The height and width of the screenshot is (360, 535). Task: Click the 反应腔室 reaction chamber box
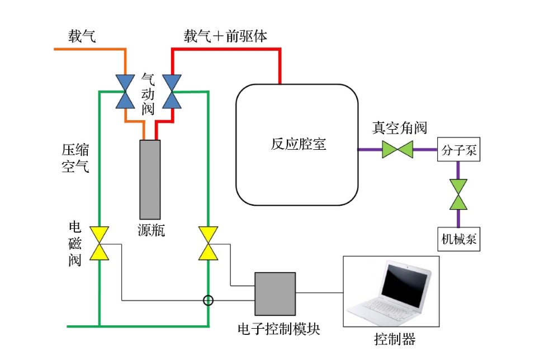click(297, 144)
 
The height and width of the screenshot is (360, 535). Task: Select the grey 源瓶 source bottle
click(150, 179)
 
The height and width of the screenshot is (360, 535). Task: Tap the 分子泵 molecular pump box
click(458, 150)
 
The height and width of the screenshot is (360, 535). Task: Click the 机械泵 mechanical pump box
click(458, 239)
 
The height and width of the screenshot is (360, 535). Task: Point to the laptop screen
click(405, 286)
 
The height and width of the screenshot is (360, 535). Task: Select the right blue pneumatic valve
click(172, 91)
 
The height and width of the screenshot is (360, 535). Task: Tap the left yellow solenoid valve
click(99, 244)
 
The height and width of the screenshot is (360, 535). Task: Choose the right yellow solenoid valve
click(208, 244)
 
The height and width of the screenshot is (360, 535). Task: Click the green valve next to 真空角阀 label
click(397, 150)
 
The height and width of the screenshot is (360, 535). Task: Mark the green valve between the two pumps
click(458, 195)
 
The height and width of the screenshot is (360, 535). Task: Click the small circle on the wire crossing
click(208, 300)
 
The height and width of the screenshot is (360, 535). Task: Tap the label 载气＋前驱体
click(225, 37)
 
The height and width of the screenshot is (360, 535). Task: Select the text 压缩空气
click(75, 158)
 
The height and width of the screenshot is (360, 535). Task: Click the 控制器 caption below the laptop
click(395, 339)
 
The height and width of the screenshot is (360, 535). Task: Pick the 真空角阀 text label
click(400, 128)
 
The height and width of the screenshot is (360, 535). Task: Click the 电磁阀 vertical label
click(75, 244)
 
